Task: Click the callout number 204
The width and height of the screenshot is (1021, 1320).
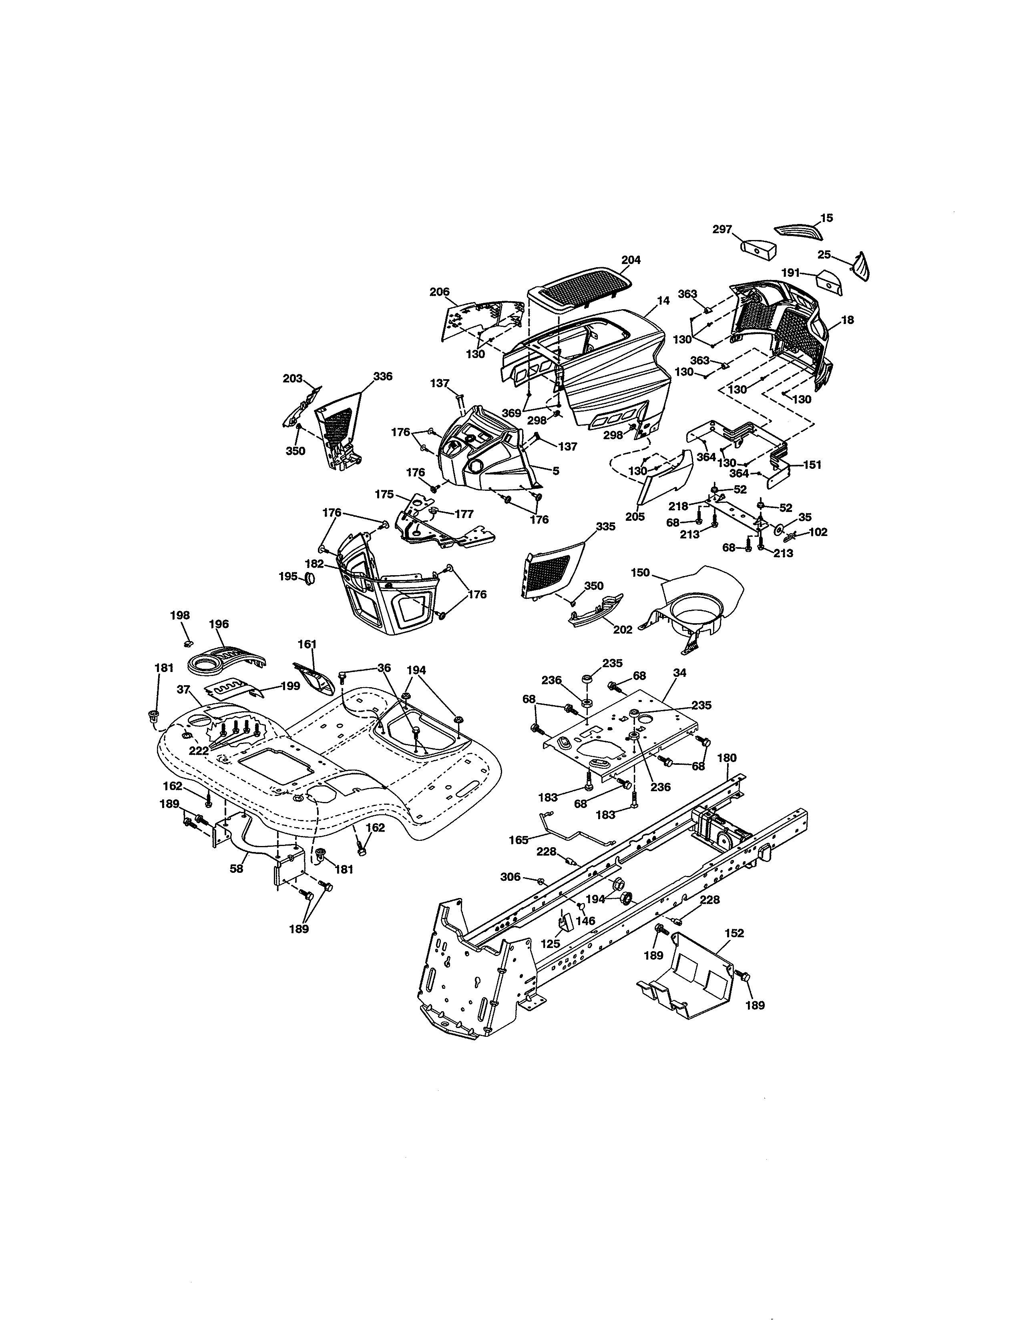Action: tap(631, 260)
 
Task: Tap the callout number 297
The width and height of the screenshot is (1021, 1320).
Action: tap(722, 229)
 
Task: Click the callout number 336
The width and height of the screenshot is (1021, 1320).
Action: tap(382, 376)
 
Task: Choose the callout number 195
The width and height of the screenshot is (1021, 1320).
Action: tap(288, 576)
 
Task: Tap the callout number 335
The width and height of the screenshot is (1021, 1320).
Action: tap(605, 526)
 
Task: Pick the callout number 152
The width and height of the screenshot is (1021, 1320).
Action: tap(734, 933)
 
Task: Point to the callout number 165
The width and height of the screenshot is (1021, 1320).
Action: tap(519, 840)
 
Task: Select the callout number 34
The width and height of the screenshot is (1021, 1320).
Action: tap(679, 673)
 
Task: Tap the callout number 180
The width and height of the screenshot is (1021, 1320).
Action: tap(727, 758)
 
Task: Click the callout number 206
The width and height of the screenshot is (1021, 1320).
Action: tap(439, 292)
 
